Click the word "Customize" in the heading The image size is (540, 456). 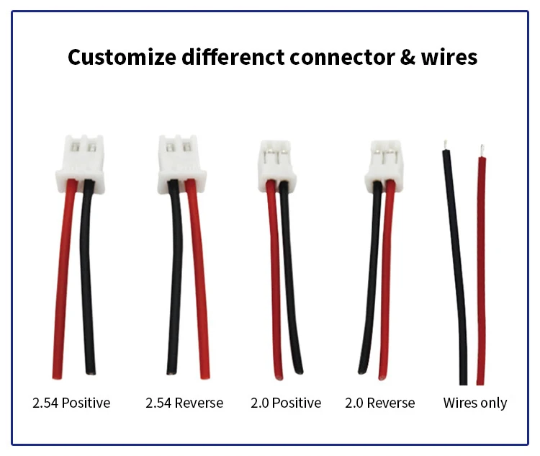pos(122,57)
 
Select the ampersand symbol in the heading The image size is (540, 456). pos(408,57)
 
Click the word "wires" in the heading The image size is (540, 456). pos(449,57)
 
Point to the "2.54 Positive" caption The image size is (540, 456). pos(71,403)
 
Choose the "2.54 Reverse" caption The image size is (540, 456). pos(184,403)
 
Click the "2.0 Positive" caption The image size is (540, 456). pos(286,403)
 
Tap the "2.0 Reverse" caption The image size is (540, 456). pos(380,403)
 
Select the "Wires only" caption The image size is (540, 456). pos(475,403)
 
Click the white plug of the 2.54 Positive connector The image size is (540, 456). pos(80,164)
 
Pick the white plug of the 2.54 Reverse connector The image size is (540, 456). pos(182,164)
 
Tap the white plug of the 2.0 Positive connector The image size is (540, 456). pos(277,166)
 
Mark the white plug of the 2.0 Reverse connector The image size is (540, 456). pos(384,166)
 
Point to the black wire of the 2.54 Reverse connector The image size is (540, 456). pos(176,276)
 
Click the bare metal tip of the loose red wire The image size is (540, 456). pos(482,151)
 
